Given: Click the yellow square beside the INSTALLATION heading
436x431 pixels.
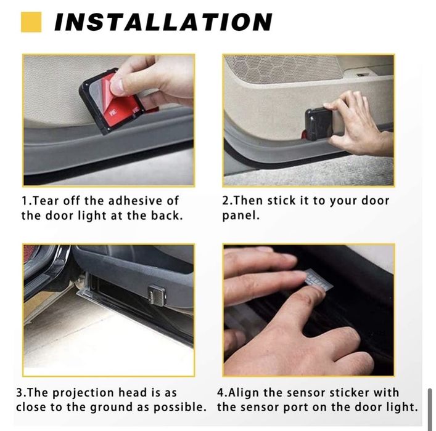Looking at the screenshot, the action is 31,22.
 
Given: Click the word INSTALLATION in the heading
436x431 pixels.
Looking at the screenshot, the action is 163,22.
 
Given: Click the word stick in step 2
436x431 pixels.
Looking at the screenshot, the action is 281,201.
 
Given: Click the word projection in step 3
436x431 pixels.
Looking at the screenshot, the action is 83,393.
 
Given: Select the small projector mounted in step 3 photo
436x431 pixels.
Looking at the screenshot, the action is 157,295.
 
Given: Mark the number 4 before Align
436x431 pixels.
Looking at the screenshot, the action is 220,393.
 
